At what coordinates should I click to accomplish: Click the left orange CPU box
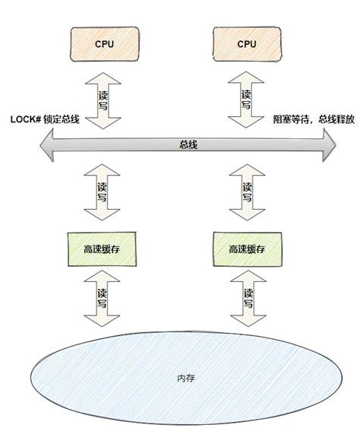[105, 44]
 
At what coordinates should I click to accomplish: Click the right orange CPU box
[247, 44]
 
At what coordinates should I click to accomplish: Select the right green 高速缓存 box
[247, 249]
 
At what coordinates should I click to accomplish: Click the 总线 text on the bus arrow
[188, 144]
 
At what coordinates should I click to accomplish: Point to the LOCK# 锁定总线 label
[45, 119]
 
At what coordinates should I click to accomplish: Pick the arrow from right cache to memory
[247, 300]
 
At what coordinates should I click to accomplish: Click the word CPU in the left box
[105, 44]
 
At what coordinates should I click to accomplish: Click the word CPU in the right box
[247, 44]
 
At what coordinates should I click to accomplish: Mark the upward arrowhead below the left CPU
[105, 74]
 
